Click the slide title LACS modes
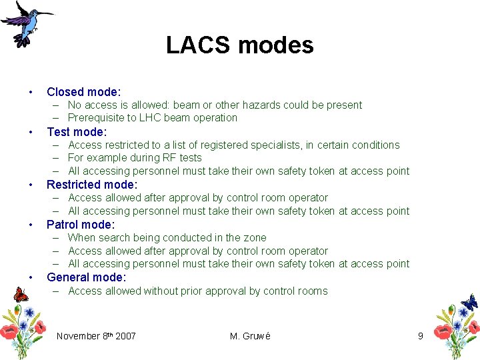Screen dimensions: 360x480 (239, 45)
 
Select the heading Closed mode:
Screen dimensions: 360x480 (84, 92)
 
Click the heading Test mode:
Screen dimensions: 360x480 (77, 131)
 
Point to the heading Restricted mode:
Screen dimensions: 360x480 (92, 185)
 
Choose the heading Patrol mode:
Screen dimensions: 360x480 (81, 225)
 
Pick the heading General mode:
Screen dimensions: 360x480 (86, 277)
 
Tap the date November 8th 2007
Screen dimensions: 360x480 (96, 336)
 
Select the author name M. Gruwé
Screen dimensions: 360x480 (250, 336)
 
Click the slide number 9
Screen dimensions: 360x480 (420, 336)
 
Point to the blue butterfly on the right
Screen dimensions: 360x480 (469, 302)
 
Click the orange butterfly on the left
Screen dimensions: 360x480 (21, 294)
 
